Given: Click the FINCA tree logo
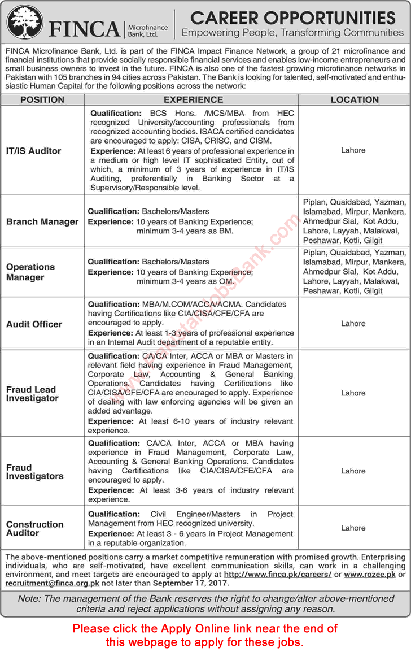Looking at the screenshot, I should (x=25, y=23).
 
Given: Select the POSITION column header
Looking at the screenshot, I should (x=42, y=99).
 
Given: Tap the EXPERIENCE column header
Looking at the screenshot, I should (x=191, y=99).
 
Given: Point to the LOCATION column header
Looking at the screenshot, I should (x=355, y=99).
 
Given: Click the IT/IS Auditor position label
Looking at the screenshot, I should (x=34, y=151).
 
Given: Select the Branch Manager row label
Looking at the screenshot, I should (x=42, y=221).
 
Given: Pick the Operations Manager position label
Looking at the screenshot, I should (x=30, y=272).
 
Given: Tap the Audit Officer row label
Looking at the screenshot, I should (x=34, y=324).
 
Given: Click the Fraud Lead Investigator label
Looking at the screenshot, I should (x=32, y=394).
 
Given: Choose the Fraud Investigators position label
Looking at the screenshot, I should (x=34, y=472).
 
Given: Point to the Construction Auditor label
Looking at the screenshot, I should (x=34, y=528).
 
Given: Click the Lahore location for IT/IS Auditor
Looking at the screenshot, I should (x=353, y=150).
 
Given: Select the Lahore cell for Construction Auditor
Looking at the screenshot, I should (x=353, y=528).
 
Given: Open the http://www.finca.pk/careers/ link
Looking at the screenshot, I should (x=277, y=573).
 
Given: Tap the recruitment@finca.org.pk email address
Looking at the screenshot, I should (x=52, y=583).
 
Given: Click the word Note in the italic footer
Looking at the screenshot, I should (x=29, y=598).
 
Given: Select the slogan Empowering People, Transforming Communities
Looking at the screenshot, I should (x=292, y=33).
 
